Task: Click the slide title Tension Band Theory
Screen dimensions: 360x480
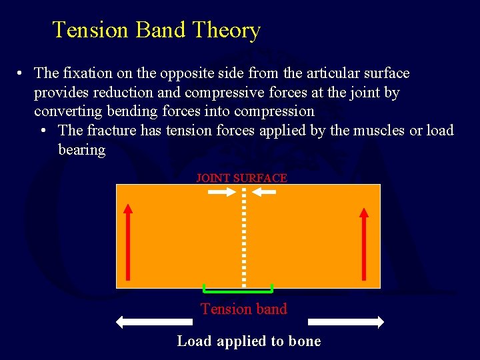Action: pyautogui.click(x=156, y=30)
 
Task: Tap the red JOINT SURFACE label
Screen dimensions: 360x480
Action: pyautogui.click(x=241, y=178)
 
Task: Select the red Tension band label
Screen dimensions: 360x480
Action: pyautogui.click(x=243, y=309)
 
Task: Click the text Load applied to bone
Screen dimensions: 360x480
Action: pyautogui.click(x=249, y=341)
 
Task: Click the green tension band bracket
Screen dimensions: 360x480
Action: pyautogui.click(x=238, y=291)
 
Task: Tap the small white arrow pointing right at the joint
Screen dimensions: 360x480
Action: pyautogui.click(x=221, y=193)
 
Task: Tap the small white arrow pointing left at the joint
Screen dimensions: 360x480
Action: pyautogui.click(x=265, y=193)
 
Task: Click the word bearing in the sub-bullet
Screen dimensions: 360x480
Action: pyautogui.click(x=81, y=149)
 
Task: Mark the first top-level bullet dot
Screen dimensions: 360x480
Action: pyautogui.click(x=22, y=73)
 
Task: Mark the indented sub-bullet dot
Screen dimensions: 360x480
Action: pyautogui.click(x=46, y=131)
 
